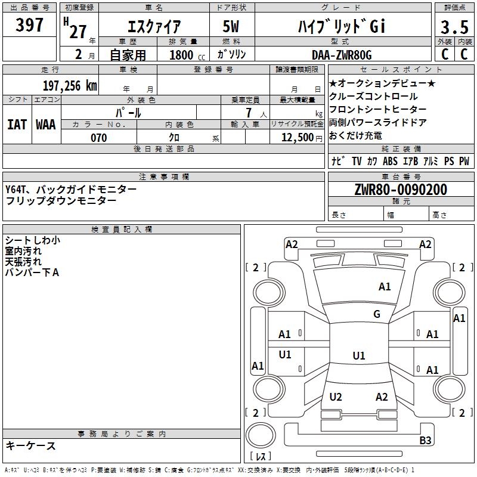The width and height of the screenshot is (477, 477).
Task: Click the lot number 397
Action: [29, 26]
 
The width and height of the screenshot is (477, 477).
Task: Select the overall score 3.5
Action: [453, 27]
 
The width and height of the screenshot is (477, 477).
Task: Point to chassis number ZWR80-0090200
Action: [400, 190]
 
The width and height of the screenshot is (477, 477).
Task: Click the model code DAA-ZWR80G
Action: [342, 55]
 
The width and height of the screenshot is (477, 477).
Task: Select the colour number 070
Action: [98, 138]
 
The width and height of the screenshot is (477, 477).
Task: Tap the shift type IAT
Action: [17, 124]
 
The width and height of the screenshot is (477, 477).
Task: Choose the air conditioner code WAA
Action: [46, 124]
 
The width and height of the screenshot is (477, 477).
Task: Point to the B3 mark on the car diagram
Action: [425, 441]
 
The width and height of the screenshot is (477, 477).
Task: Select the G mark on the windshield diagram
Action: [377, 314]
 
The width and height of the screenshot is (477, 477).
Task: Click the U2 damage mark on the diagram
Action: [336, 397]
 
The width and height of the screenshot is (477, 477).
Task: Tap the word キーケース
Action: [30, 445]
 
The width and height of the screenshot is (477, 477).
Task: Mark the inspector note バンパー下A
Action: [32, 272]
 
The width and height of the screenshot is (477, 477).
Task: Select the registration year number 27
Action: [78, 31]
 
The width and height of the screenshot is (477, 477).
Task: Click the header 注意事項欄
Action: [164, 176]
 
